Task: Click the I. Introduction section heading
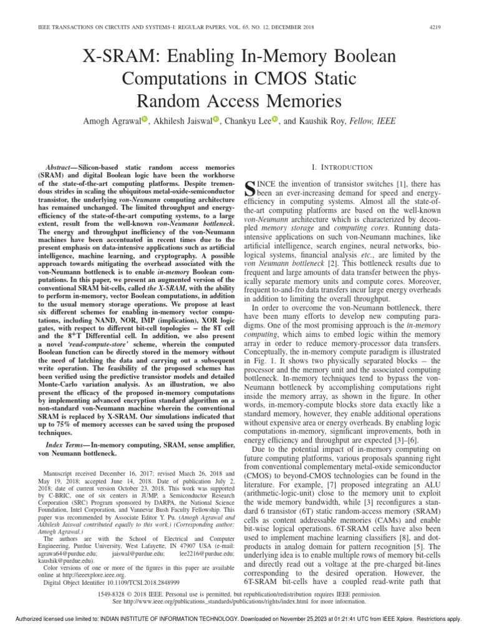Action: click(x=346, y=168)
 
